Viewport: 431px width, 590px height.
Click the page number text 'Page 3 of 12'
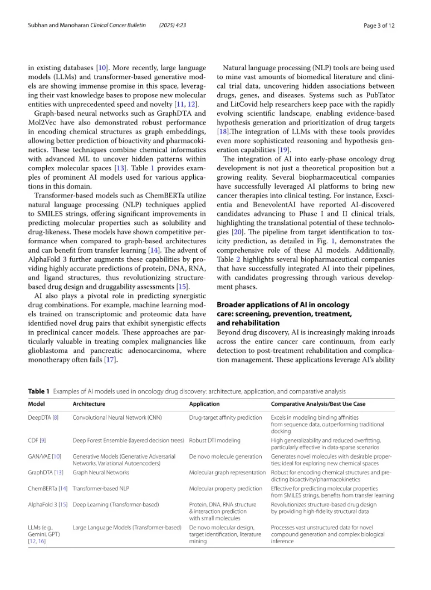click(x=379, y=26)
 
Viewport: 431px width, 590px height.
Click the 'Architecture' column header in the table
click(x=89, y=404)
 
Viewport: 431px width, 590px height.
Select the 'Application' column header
click(x=204, y=404)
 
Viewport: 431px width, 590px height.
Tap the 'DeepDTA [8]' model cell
click(x=43, y=417)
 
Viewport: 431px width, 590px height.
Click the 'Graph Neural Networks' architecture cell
click(x=101, y=473)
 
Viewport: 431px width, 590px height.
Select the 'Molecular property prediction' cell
click(x=225, y=489)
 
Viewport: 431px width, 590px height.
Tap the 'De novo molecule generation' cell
click(x=225, y=456)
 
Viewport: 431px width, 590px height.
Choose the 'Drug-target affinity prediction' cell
click(x=225, y=417)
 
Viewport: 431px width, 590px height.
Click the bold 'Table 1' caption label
click(x=39, y=391)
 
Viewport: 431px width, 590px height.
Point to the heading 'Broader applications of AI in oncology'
click(x=283, y=304)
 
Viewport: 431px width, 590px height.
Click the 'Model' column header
click(x=36, y=404)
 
